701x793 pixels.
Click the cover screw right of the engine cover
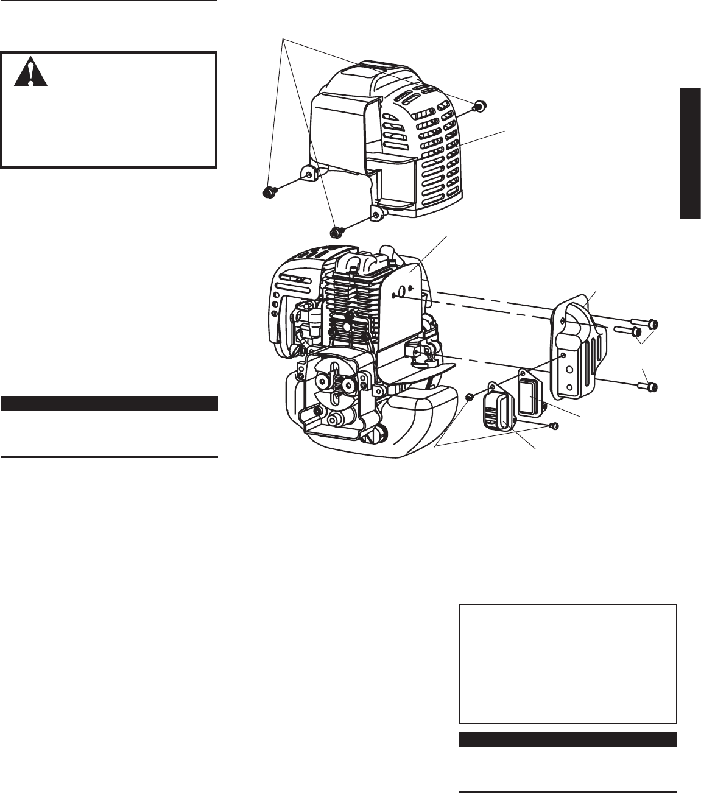coord(479,107)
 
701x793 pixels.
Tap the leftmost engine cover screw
coord(267,192)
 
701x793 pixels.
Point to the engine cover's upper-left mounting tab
coord(309,174)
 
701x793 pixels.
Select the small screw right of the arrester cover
coord(554,426)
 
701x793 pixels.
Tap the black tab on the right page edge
coord(691,153)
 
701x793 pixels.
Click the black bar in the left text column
coord(110,404)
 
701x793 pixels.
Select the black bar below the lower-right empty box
coord(568,739)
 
